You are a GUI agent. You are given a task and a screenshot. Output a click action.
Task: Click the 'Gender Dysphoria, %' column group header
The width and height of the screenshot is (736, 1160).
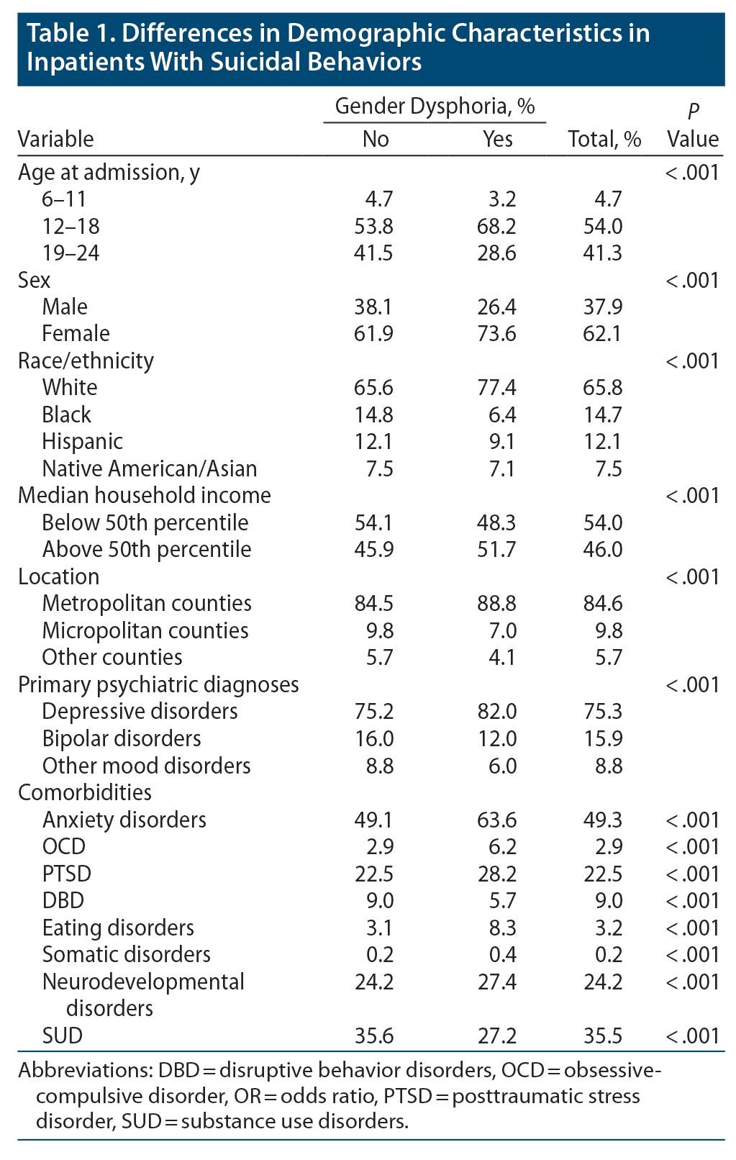coord(435,107)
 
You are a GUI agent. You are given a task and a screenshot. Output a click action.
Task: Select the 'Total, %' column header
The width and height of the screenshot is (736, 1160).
coord(604,138)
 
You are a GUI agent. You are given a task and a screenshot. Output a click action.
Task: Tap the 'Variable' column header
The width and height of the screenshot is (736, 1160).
coord(55,138)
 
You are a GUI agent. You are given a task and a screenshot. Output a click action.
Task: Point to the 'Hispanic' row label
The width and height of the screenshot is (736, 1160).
coord(82,441)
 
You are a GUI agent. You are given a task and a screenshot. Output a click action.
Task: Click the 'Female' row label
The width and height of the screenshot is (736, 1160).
coord(76,333)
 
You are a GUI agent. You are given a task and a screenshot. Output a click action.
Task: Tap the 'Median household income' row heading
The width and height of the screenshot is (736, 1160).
coord(145,495)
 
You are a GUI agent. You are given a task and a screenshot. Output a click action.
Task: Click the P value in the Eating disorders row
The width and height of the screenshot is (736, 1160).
coord(692,928)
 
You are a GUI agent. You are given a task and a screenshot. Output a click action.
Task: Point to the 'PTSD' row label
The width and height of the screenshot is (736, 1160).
coord(66,874)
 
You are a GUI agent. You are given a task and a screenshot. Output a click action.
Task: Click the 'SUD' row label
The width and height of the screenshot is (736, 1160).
coord(62,1036)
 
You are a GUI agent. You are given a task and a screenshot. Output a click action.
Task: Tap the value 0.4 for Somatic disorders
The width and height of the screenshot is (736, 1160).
coord(501,954)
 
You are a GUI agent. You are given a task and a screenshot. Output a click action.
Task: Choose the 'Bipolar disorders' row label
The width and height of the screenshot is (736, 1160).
coord(122,738)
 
